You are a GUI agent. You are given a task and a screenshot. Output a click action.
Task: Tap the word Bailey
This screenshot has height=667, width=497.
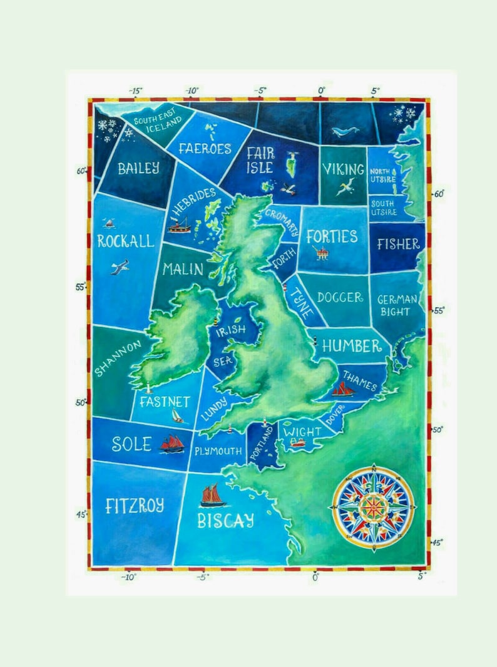[x=138, y=168]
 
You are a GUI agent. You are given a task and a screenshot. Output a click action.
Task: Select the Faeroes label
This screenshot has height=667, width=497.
[x=205, y=149]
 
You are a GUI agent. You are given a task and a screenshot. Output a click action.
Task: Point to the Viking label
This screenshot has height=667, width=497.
[x=343, y=169]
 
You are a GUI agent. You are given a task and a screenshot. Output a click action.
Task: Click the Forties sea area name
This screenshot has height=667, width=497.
[x=332, y=236]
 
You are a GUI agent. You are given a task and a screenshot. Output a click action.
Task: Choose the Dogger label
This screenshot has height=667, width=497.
[x=340, y=298]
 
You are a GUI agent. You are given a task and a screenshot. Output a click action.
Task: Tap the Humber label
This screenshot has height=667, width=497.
[x=352, y=346]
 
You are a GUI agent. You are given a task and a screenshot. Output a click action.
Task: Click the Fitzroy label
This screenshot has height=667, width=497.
[x=135, y=506]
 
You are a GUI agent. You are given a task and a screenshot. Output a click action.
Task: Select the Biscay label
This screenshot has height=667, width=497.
[x=226, y=520]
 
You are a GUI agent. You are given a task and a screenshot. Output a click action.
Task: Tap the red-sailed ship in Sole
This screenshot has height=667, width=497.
[x=172, y=444]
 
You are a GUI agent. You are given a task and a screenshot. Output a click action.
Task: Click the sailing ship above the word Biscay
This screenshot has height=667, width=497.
[x=213, y=495]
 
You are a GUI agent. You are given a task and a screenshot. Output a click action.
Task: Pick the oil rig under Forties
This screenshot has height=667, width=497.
[x=322, y=253]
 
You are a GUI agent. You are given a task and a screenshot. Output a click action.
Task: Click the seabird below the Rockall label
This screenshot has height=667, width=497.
[x=120, y=268]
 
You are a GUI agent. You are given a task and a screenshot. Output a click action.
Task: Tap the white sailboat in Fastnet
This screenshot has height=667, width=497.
[x=178, y=416]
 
